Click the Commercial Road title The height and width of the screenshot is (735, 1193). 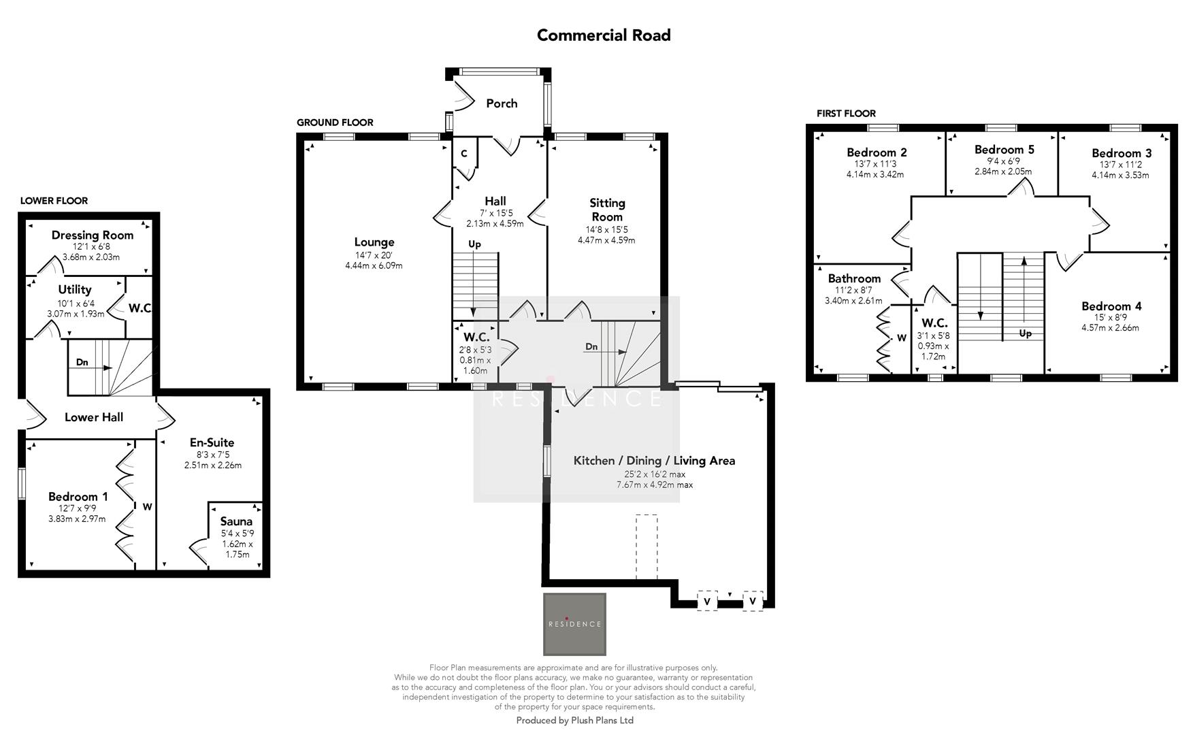[604, 35]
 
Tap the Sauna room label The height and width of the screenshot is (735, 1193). [236, 521]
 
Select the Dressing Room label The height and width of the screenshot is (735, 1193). [93, 235]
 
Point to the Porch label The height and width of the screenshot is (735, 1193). [502, 103]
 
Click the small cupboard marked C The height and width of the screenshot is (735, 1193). [464, 154]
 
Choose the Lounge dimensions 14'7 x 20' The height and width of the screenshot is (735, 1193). [374, 255]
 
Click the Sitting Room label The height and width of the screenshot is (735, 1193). [607, 210]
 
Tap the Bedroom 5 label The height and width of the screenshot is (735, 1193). [1004, 150]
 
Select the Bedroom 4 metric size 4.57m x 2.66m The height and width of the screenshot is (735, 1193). [1110, 327]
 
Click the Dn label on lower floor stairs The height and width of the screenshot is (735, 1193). [82, 362]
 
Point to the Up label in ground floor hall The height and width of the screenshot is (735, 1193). [474, 244]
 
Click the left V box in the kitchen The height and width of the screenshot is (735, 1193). [707, 602]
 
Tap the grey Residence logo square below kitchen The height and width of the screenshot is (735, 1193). [574, 623]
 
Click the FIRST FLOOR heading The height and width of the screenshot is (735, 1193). [846, 114]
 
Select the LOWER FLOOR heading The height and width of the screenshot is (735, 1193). [54, 201]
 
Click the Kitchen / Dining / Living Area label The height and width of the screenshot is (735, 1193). [654, 461]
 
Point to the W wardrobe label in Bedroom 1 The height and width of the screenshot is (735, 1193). [147, 506]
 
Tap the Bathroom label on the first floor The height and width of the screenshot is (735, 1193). [854, 278]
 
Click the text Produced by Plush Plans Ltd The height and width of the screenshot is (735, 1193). [574, 720]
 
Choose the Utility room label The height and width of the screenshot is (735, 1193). [75, 289]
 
